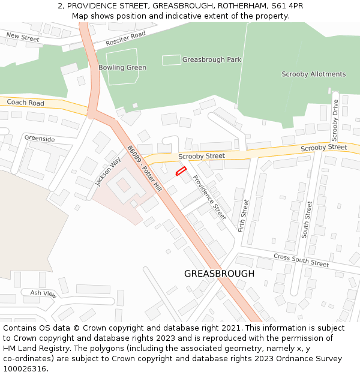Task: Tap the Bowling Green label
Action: (x=122, y=68)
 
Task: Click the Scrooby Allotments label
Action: (x=314, y=74)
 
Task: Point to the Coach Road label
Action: (x=26, y=103)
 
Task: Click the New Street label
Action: (x=23, y=38)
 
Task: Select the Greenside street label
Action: (x=40, y=139)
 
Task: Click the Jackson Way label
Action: (x=107, y=171)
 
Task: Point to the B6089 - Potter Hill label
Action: (x=144, y=169)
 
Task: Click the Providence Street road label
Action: (x=209, y=197)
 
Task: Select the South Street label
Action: (x=308, y=220)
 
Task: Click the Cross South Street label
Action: (x=301, y=260)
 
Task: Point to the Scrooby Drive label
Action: (x=335, y=116)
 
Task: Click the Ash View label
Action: (x=43, y=295)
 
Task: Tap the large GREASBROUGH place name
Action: (x=219, y=274)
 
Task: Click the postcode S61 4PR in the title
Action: (x=288, y=6)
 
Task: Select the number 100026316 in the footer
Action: (x=25, y=369)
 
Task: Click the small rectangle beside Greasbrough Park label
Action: (x=171, y=60)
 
